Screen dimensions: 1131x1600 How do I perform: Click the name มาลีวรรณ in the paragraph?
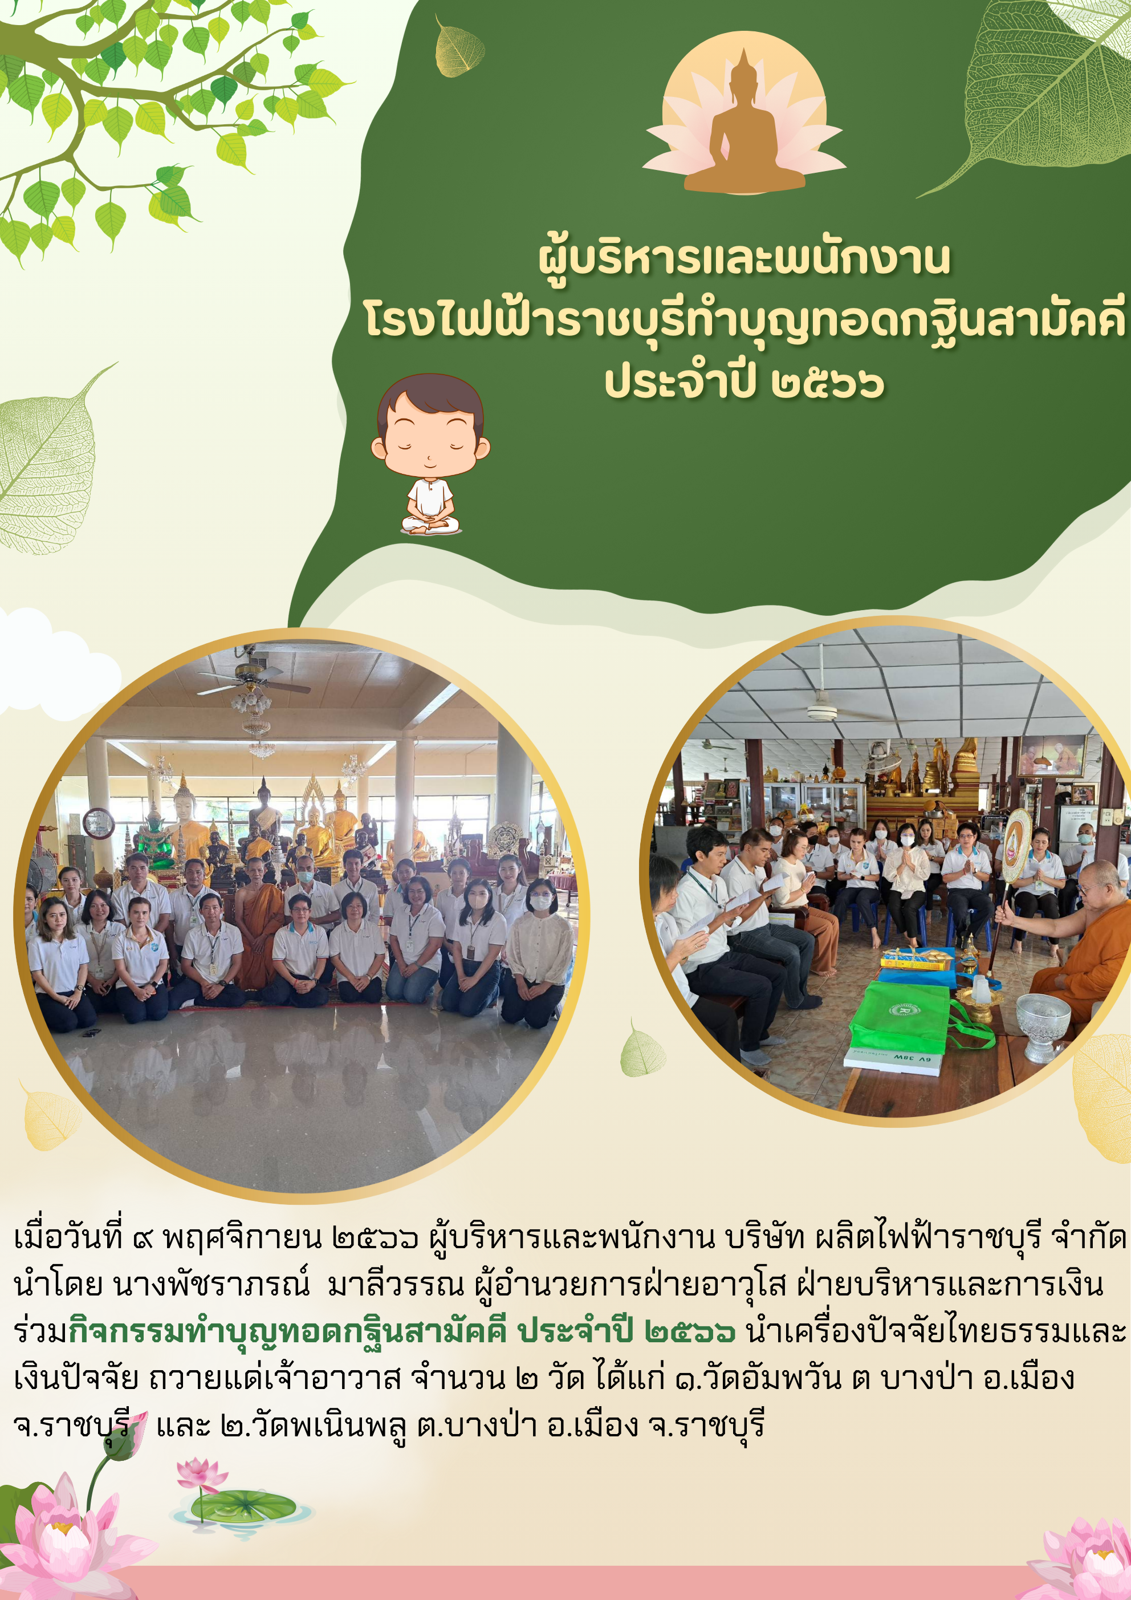pyautogui.click(x=395, y=1284)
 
